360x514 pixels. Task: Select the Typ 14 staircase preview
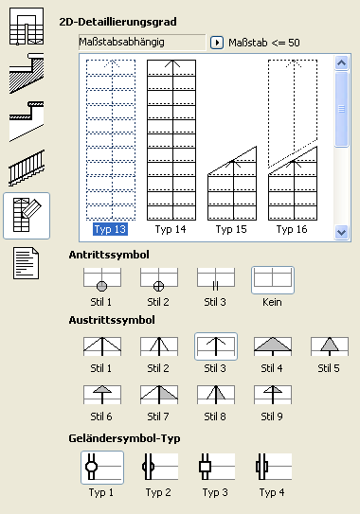(171, 140)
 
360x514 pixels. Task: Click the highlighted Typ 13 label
(110, 229)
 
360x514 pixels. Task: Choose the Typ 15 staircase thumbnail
(232, 184)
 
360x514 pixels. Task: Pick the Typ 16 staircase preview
(293, 140)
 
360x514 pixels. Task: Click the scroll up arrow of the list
(342, 62)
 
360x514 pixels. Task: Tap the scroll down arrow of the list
(342, 233)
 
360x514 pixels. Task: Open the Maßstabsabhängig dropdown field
(142, 43)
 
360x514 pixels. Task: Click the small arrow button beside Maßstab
(217, 43)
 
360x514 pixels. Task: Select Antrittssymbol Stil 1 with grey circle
(102, 279)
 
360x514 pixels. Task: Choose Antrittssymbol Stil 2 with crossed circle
(159, 279)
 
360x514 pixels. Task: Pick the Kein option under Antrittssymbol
(273, 279)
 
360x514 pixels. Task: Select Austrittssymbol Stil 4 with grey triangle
(273, 346)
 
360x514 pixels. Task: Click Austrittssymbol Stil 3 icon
(216, 346)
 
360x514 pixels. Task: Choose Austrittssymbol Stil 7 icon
(159, 395)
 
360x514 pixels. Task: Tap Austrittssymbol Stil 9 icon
(273, 395)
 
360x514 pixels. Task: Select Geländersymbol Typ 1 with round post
(102, 467)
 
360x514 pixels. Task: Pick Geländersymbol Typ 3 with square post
(217, 467)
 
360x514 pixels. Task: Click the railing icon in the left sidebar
(27, 168)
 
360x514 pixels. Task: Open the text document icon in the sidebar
(26, 263)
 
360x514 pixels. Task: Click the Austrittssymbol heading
(112, 320)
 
